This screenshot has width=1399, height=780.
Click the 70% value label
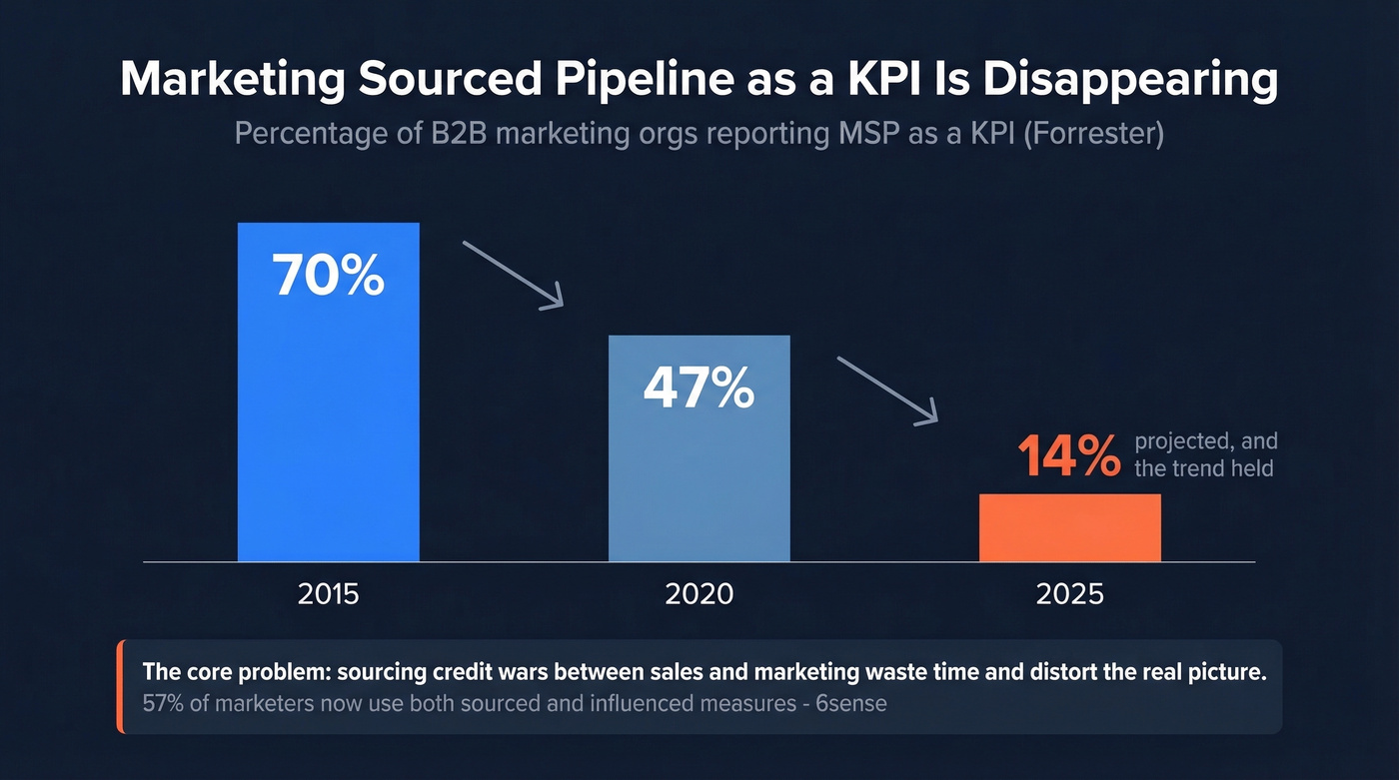pyautogui.click(x=328, y=276)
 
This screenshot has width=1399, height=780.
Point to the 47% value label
pyautogui.click(x=699, y=389)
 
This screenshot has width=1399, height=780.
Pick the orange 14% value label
pyautogui.click(x=1068, y=457)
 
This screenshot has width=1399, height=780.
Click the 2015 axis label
pyautogui.click(x=328, y=594)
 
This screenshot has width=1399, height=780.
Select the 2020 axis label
pyautogui.click(x=699, y=594)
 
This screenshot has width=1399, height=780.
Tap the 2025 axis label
pyautogui.click(x=1069, y=594)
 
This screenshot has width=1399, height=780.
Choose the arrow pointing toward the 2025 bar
pyautogui.click(x=888, y=390)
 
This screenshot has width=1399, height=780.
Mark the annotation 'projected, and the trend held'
pyautogui.click(x=1205, y=454)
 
